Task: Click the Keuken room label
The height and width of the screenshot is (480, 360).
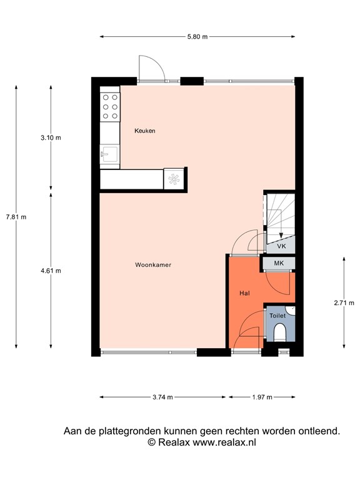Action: (x=145, y=131)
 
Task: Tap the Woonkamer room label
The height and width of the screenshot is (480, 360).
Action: (x=153, y=265)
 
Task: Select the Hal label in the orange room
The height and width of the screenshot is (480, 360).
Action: (x=245, y=292)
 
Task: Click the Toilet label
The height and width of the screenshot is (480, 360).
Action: (x=277, y=316)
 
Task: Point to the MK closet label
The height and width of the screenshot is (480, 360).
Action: (x=279, y=264)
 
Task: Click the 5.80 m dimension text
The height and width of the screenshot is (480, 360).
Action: (x=198, y=37)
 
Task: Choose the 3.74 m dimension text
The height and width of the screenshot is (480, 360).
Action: (x=162, y=397)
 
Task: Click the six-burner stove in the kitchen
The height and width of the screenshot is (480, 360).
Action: (x=110, y=106)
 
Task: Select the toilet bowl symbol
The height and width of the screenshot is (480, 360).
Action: (x=279, y=332)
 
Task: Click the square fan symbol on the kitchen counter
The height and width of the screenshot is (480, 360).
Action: (x=173, y=178)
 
